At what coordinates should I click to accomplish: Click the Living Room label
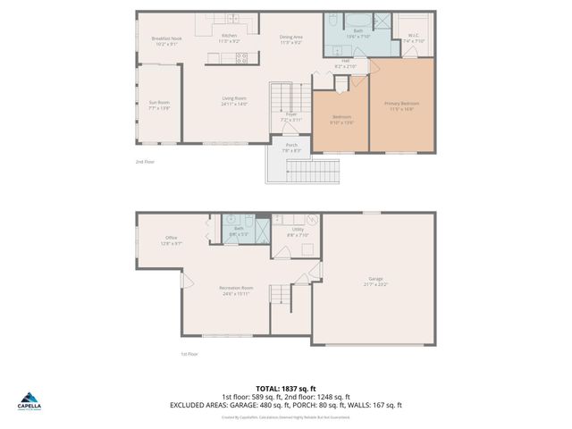tap(235, 101)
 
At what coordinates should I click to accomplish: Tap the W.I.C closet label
tap(414, 38)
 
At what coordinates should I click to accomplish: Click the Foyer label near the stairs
tap(291, 116)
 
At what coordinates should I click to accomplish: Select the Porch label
tap(291, 147)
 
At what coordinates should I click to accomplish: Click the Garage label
tap(375, 282)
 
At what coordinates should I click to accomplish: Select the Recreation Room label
tap(237, 290)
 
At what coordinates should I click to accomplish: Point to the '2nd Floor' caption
tap(145, 162)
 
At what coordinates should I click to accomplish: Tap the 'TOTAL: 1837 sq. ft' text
tap(286, 389)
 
